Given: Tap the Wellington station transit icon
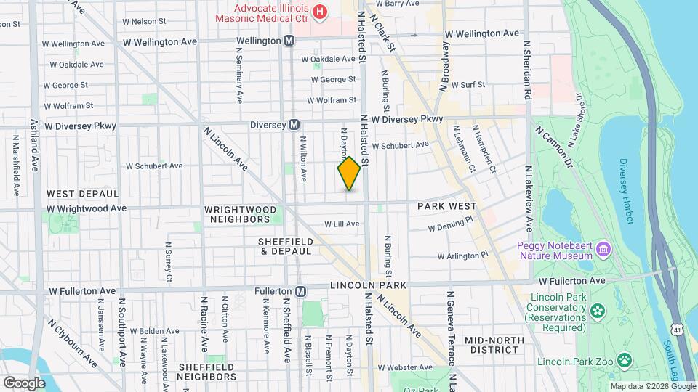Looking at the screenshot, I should pos(289,41).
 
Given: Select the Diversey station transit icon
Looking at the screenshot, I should pos(294,125).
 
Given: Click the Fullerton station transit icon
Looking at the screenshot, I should pos(300,291).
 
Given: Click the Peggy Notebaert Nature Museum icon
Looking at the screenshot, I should pos(603,250).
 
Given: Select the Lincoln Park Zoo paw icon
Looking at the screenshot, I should pos(623,360).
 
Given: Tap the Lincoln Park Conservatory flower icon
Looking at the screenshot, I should pos(597,311).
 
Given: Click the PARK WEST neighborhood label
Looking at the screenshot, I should pos(446,207).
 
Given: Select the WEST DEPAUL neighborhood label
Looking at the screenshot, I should pos(82,194).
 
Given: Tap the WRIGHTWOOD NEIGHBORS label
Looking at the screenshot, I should pos(241,214).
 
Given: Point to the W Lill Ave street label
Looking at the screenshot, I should pos(342,224).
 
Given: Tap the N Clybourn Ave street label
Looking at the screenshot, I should pos(72,343).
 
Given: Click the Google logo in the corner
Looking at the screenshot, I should pos(24,383).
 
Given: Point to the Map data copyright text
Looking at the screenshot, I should pos(652,386).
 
